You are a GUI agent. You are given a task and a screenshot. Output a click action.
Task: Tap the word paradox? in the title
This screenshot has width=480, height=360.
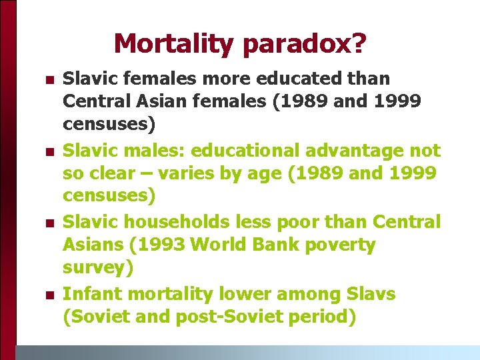(305, 44)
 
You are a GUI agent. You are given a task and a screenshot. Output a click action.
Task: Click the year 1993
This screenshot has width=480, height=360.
(161, 245)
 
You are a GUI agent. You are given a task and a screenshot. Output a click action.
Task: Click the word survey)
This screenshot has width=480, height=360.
(97, 268)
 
